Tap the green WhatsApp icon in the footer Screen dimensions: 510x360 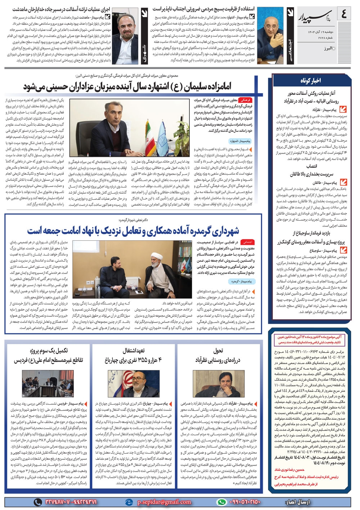tap(222, 502)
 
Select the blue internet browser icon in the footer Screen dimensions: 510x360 tap(129, 502)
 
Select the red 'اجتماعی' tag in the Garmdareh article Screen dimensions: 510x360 tap(247, 242)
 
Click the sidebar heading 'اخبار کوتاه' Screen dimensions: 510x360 tap(309, 80)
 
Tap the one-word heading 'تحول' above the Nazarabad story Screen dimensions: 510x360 tap(218, 350)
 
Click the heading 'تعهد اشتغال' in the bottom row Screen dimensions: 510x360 tap(133, 350)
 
